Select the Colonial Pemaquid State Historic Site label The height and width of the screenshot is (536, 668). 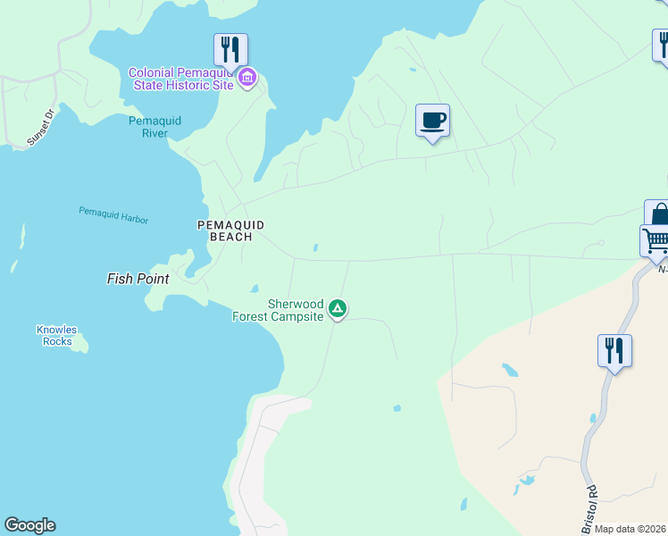pos(181,79)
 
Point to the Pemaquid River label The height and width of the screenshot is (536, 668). pos(148,127)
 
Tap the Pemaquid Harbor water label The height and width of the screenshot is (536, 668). pos(113,215)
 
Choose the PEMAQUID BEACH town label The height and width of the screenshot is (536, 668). pos(230,230)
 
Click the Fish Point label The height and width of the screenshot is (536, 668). pos(138,279)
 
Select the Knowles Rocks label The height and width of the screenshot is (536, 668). pos(56,335)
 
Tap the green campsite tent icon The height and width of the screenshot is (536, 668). pos(338,309)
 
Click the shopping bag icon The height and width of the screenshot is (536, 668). pos(659,215)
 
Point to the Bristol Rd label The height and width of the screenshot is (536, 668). pos(591,506)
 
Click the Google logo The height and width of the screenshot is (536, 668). pos(29,525)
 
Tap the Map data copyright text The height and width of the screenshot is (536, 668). pos(630,529)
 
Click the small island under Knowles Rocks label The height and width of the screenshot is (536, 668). pos(79,344)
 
